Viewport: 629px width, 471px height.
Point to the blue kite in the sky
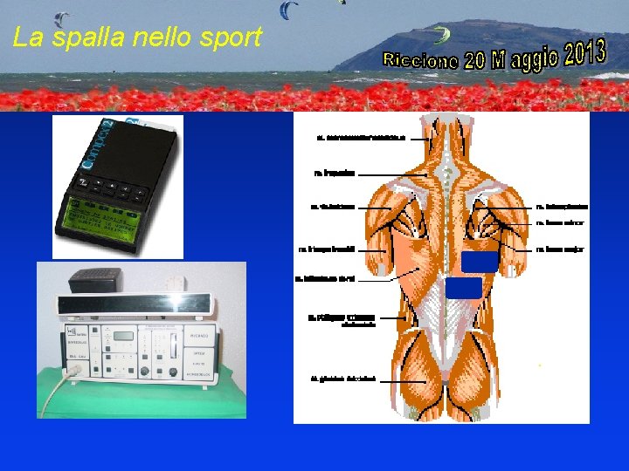pos(288,10)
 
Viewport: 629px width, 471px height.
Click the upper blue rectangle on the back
pos(479,261)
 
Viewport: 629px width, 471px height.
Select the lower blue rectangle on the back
pos(463,288)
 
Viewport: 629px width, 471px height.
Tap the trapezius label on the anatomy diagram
pos(335,174)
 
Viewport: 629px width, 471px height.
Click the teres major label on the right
pos(558,249)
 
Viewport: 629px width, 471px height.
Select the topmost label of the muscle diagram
pos(361,138)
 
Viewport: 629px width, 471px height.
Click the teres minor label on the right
pos(558,223)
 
